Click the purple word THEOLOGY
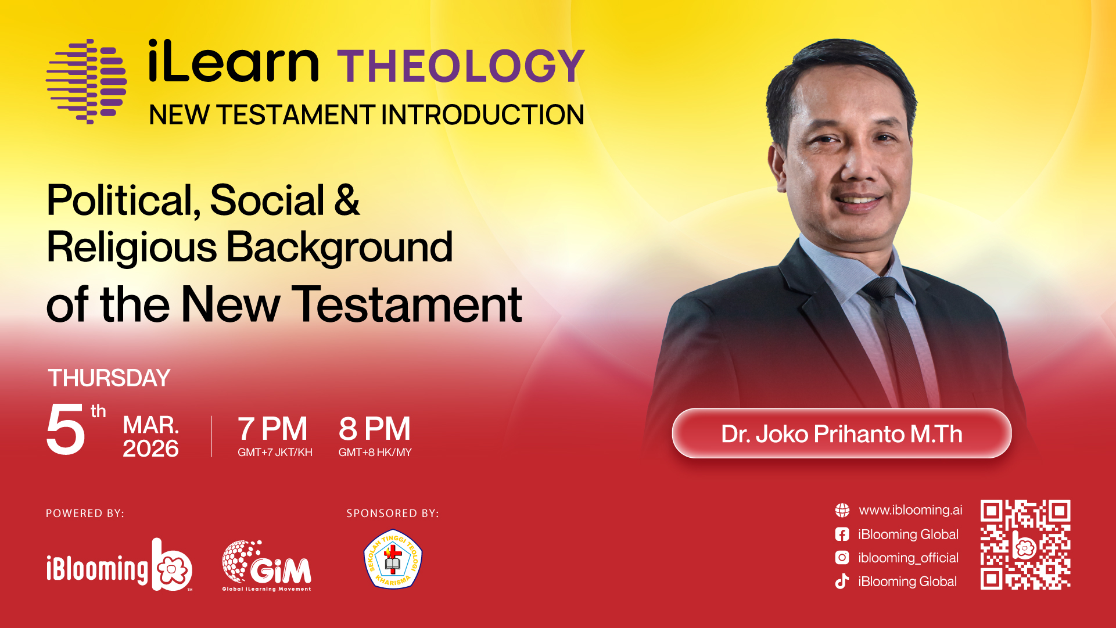click(461, 66)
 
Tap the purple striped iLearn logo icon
click(87, 81)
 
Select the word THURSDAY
click(109, 378)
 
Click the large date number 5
click(66, 429)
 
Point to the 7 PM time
click(272, 429)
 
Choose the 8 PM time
click(375, 429)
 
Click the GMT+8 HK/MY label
click(375, 453)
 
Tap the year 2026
click(150, 448)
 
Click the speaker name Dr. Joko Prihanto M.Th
click(842, 434)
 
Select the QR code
click(1025, 545)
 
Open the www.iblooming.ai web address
click(910, 510)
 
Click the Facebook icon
click(842, 534)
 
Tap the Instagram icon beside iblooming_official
click(842, 558)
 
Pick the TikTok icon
click(842, 582)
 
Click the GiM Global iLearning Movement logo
click(267, 566)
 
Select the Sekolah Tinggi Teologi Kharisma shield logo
click(393, 559)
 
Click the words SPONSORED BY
click(393, 514)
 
